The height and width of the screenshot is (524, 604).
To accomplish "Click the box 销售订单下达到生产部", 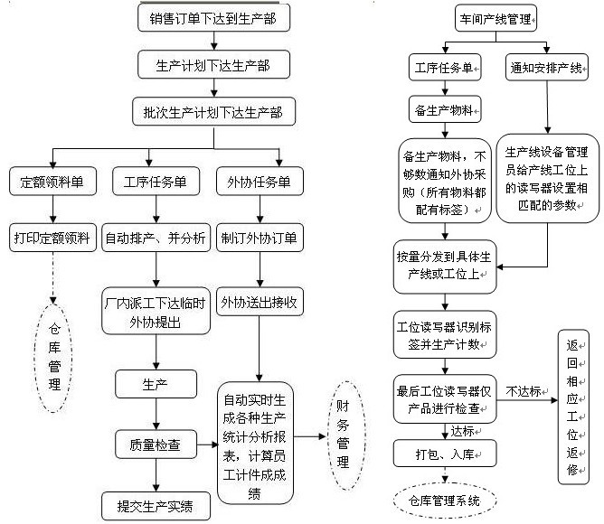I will click(213, 17).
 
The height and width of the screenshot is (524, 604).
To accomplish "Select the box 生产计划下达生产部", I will click(213, 65).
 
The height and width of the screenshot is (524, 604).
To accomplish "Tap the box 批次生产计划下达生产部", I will click(213, 112).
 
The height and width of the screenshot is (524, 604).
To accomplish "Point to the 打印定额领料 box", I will click(52, 239).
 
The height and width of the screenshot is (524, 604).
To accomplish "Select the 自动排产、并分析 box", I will click(156, 239).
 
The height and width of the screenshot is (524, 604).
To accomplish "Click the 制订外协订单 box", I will click(260, 239).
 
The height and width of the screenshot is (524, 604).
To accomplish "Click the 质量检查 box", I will click(156, 444).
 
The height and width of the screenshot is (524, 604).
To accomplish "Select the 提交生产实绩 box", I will click(156, 503).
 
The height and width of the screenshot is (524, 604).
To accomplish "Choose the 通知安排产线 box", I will click(546, 67).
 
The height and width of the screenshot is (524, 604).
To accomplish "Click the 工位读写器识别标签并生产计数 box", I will click(444, 334).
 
